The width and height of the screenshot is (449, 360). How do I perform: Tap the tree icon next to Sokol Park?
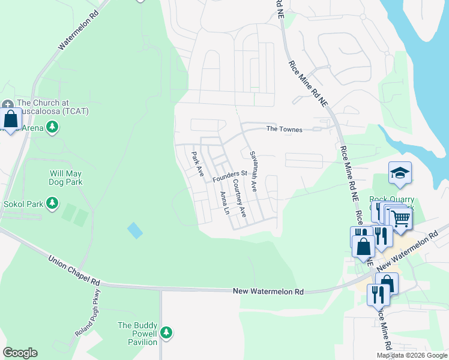(x=53, y=203)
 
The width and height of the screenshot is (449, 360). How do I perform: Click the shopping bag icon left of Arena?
(x=10, y=120)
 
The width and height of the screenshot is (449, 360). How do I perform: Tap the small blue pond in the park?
(x=135, y=230)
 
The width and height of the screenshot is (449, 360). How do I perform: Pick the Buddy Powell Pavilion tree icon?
(x=166, y=332)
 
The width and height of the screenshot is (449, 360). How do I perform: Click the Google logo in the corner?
(x=20, y=353)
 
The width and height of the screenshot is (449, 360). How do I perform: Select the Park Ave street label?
(x=196, y=164)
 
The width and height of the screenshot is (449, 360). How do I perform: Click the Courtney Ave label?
(x=239, y=198)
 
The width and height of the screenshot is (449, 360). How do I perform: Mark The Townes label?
(x=285, y=129)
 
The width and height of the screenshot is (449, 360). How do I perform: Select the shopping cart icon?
(x=400, y=219)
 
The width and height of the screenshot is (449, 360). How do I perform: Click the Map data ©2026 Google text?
(x=412, y=355)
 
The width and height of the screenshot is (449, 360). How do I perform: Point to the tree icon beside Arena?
(x=53, y=127)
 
